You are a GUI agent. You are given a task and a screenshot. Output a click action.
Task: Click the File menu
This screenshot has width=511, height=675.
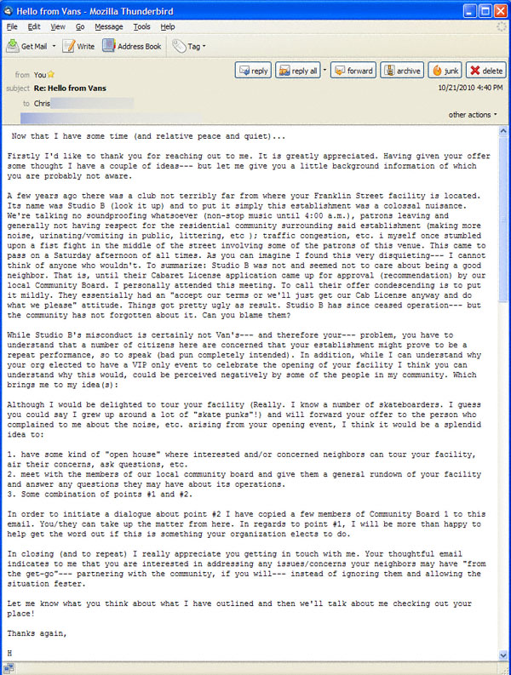pyautogui.click(x=12, y=27)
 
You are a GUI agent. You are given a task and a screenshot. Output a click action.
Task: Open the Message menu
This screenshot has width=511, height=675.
pyautogui.click(x=108, y=27)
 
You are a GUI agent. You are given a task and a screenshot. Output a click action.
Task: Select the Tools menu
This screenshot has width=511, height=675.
pyautogui.click(x=141, y=27)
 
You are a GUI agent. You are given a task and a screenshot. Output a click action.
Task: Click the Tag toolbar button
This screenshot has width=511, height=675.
pyautogui.click(x=188, y=46)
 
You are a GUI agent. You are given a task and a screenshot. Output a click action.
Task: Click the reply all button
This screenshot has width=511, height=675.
pyautogui.click(x=297, y=71)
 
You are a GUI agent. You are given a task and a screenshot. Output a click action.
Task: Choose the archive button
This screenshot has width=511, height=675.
pyautogui.click(x=401, y=71)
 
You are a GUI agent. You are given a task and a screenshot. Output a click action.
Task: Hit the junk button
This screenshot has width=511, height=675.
pyautogui.click(x=445, y=71)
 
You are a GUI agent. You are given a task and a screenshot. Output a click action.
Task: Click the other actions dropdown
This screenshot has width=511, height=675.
pyautogui.click(x=474, y=115)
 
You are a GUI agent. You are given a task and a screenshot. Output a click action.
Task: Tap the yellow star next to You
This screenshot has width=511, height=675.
pyautogui.click(x=51, y=75)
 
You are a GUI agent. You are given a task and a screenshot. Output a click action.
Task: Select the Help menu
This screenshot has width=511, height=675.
pyautogui.click(x=168, y=27)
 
